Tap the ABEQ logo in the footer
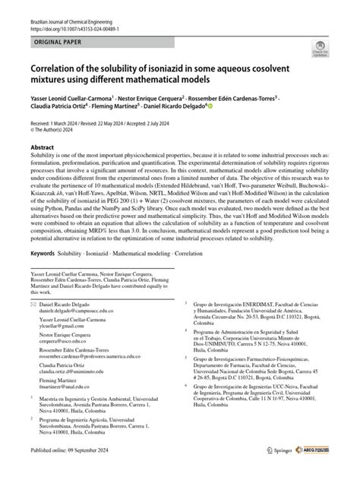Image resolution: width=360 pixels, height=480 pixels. click(x=311, y=472)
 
